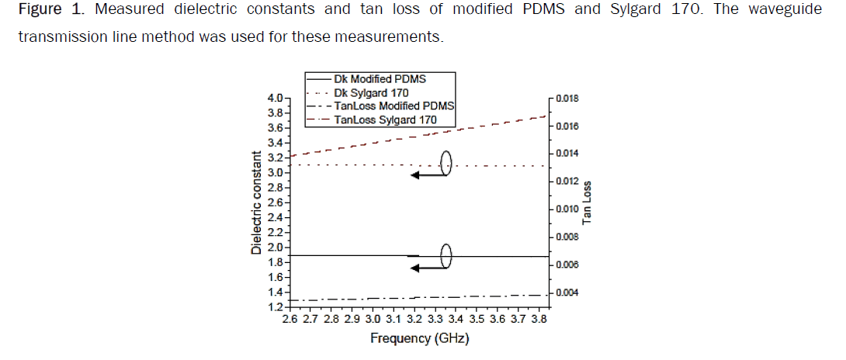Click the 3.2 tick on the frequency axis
point(414,319)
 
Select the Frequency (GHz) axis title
point(420,338)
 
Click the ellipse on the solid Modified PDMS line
point(446,255)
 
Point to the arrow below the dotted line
point(429,176)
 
